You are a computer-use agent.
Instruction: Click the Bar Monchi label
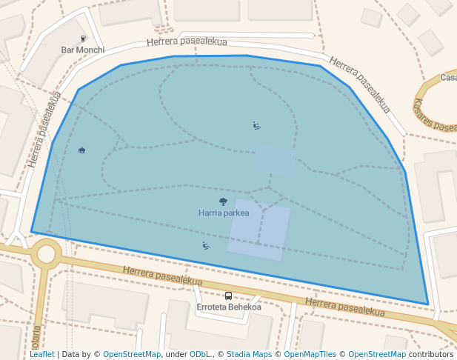82,50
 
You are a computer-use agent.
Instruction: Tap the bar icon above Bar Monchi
83,39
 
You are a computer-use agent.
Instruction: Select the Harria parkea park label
224,213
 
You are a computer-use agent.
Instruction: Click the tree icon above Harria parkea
223,201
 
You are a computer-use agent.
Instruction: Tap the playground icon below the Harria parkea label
206,245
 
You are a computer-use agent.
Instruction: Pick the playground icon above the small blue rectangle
256,125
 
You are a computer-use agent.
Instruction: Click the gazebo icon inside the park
81,150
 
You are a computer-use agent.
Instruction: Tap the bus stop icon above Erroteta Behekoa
228,296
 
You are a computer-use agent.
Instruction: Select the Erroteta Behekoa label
228,307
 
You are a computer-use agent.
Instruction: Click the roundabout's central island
47,255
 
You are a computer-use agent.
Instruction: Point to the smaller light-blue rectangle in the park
275,160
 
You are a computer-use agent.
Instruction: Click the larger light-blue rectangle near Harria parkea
258,230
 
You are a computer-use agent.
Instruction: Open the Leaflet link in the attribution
42,354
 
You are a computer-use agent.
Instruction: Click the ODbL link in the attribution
201,354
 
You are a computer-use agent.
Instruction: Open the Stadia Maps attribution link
249,354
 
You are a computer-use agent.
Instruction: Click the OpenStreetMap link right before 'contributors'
376,354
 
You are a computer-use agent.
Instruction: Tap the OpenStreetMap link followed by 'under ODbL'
132,354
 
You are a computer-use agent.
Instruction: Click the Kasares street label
435,115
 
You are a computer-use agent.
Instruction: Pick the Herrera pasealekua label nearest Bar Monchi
187,41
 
